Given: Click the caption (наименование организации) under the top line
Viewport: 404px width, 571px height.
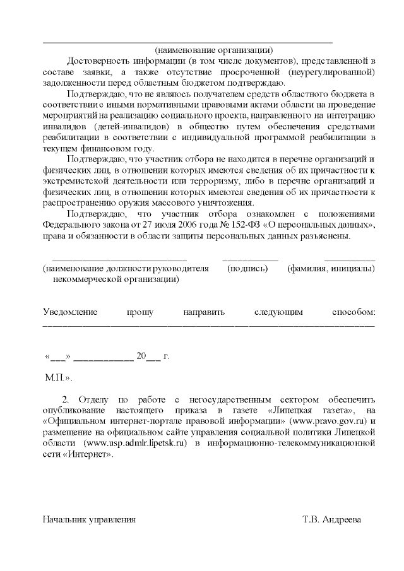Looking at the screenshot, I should pyautogui.click(x=214, y=50).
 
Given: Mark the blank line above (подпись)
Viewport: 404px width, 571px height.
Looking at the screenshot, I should pyautogui.click(x=250, y=259).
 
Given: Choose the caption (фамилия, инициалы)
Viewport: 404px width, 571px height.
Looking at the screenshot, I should pyautogui.click(x=331, y=269).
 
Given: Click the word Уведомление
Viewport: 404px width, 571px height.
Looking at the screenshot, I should pyautogui.click(x=70, y=312).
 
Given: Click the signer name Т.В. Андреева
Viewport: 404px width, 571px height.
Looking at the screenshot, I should pyautogui.click(x=332, y=520).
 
